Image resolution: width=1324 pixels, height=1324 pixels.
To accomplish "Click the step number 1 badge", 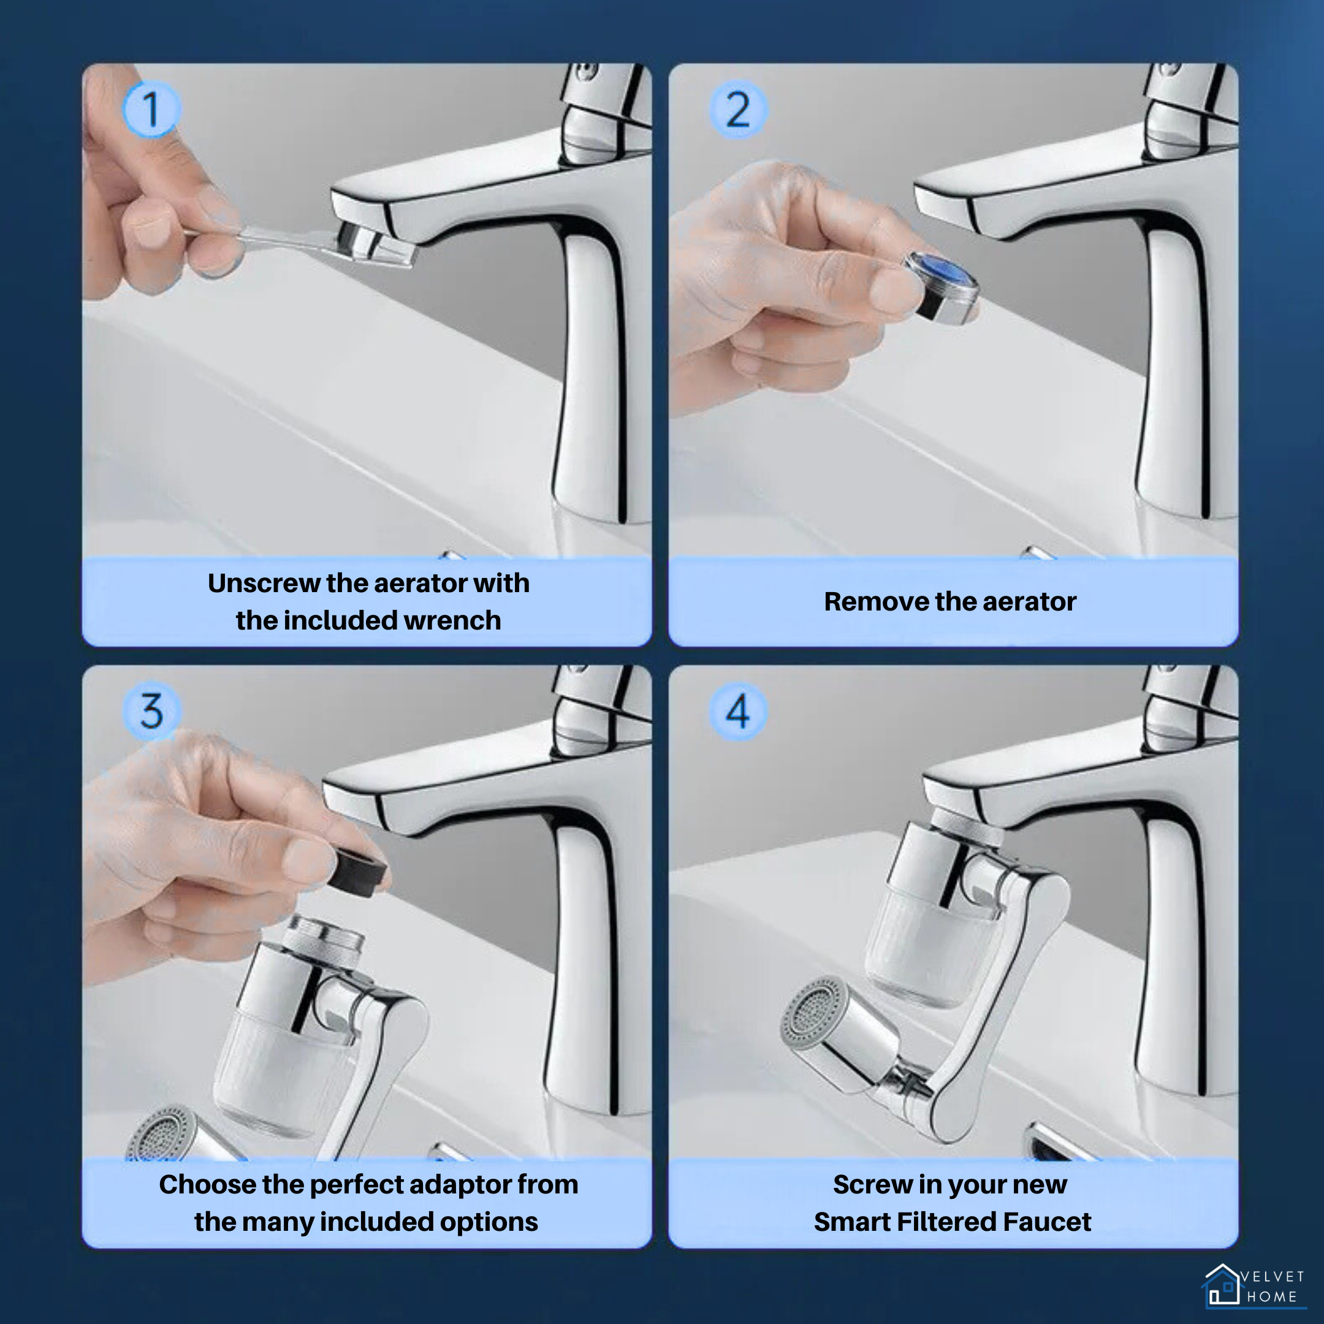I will (x=151, y=110).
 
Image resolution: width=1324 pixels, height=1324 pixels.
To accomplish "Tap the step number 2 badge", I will (x=737, y=110).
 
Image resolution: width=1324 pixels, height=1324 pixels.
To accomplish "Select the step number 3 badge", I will (x=151, y=710).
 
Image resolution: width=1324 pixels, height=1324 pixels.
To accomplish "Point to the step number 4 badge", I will (x=737, y=710).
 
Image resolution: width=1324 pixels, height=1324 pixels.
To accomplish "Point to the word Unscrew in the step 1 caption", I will (x=263, y=583).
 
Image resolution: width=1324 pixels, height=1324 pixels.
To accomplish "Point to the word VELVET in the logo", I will (x=1273, y=1277).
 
